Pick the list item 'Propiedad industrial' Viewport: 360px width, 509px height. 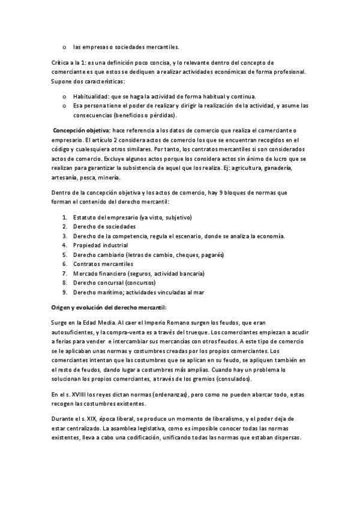pyautogui.click(x=100, y=245)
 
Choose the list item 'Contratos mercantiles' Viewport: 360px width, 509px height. pyautogui.click(x=103, y=264)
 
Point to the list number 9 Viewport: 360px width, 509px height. pyautogui.click(x=64, y=292)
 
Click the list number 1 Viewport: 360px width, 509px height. pyautogui.click(x=64, y=217)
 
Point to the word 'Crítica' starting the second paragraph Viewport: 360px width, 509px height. pyautogui.click(x=61, y=62)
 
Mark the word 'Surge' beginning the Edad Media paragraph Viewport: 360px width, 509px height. pyautogui.click(x=61, y=322)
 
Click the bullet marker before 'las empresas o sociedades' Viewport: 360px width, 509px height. pyautogui.click(x=64, y=46)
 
